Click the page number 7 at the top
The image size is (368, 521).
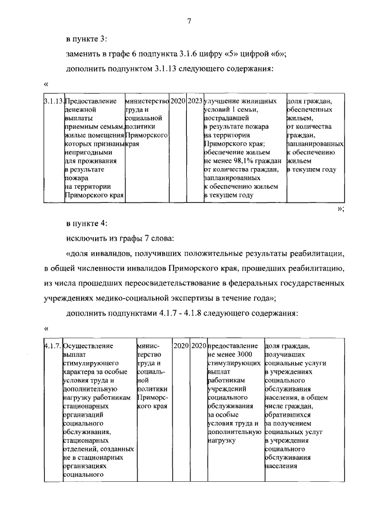tap(189, 21)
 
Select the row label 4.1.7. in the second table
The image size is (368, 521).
tap(53, 346)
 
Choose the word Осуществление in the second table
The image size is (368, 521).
tap(89, 346)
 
